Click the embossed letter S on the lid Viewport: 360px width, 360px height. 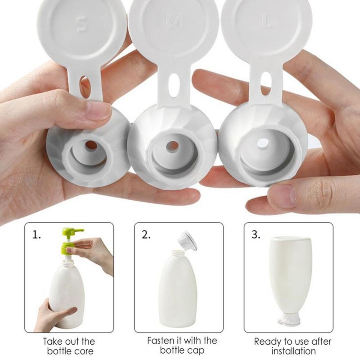(x=81, y=23)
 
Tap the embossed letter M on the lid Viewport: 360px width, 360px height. (x=174, y=23)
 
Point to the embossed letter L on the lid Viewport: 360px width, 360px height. (x=266, y=23)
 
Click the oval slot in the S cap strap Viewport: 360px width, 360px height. (x=84, y=83)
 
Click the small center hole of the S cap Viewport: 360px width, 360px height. (x=91, y=145)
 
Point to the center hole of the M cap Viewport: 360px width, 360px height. (x=172, y=146)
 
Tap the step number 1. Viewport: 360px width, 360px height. (x=36, y=235)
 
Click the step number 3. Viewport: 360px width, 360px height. (x=256, y=235)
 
